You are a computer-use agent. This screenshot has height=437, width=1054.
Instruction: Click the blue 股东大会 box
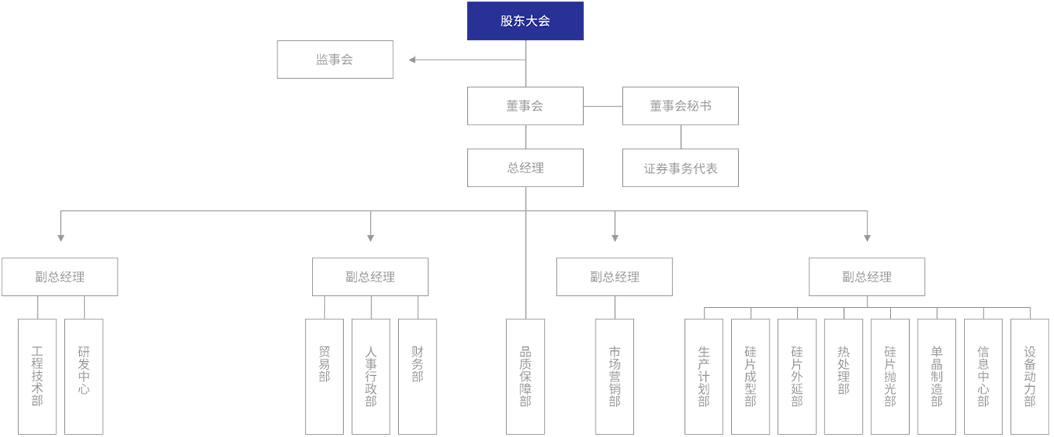click(525, 22)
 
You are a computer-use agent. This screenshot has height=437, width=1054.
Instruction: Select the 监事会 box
click(335, 60)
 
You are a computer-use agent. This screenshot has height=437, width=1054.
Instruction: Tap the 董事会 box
click(525, 106)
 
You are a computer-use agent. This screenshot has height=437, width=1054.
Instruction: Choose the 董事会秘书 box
click(680, 106)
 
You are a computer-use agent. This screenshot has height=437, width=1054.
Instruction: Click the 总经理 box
click(525, 168)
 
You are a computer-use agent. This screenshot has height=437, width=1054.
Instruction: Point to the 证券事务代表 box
click(680, 168)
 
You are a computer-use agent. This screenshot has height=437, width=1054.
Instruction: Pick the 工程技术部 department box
click(37, 376)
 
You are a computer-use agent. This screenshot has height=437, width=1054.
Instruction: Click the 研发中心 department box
click(84, 376)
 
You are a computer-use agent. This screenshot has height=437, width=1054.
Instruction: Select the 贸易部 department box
click(324, 376)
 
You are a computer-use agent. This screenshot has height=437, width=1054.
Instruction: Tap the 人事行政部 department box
click(371, 376)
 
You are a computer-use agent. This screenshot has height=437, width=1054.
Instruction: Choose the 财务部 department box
click(418, 376)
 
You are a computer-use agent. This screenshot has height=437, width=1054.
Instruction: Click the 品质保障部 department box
click(525, 376)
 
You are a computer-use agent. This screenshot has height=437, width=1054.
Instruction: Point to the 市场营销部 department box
click(614, 376)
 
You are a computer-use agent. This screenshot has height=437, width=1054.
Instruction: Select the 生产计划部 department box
click(704, 376)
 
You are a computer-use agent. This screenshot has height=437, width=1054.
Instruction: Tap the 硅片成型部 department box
click(751, 376)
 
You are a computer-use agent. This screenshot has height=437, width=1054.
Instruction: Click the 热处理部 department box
click(843, 376)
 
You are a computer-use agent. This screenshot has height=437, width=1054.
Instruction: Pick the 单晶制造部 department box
click(936, 376)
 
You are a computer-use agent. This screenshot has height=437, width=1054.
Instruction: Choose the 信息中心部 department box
click(983, 376)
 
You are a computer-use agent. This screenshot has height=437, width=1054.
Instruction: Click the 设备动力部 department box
click(1030, 376)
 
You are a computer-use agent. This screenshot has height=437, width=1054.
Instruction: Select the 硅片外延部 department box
click(797, 376)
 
